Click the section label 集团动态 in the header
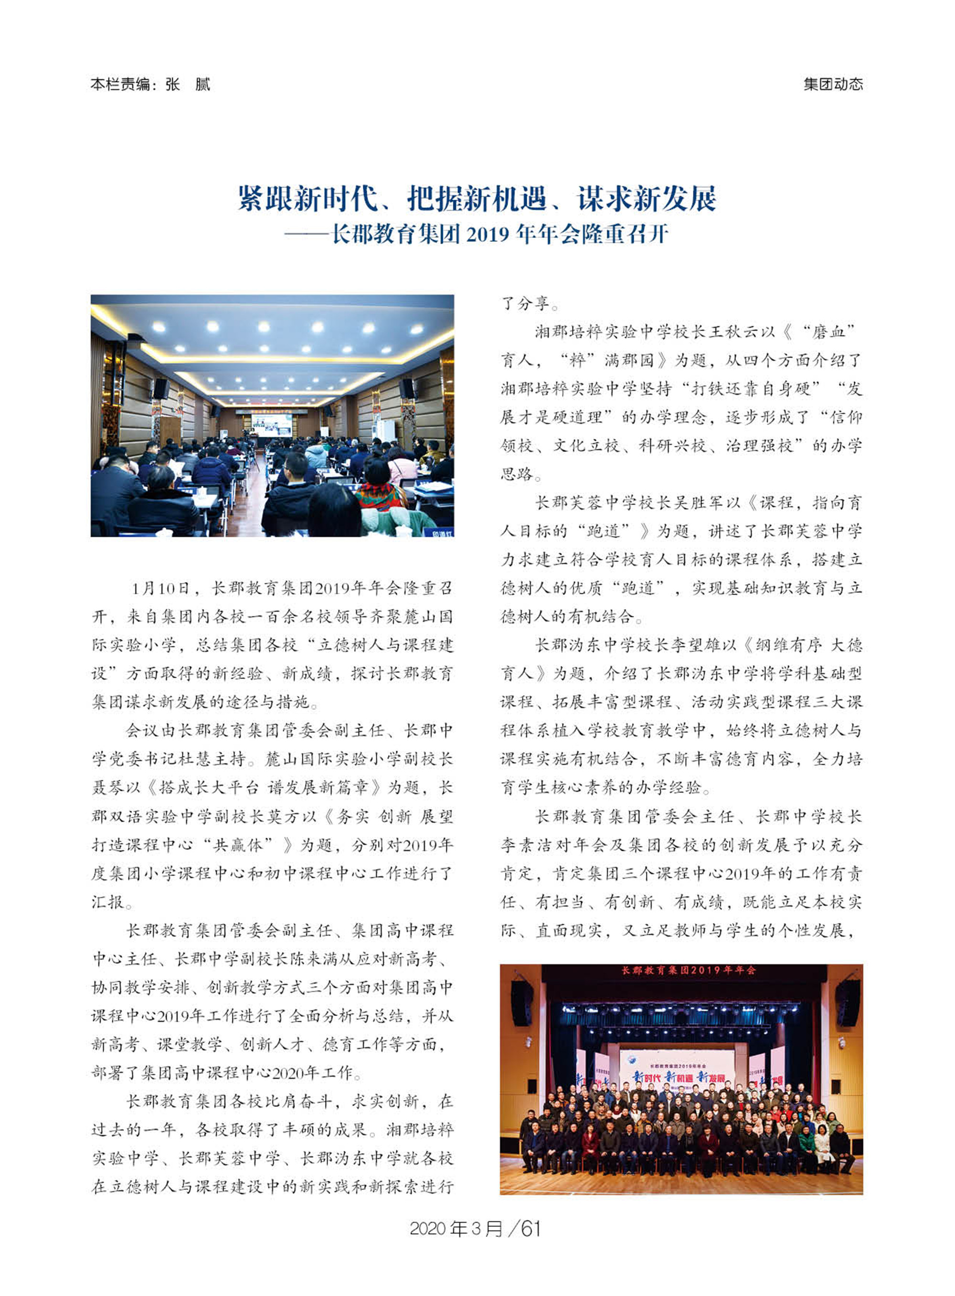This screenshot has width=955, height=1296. point(832,85)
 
